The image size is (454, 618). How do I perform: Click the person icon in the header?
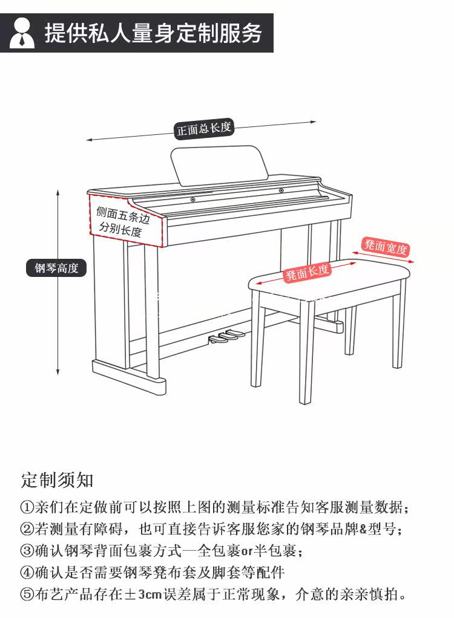coord(22,33)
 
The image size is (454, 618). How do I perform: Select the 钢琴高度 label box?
coord(56,268)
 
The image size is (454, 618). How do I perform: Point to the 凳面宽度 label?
coord(386,247)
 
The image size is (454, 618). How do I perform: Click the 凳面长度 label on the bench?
coord(308,273)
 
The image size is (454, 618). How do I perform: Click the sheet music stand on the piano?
coord(219,164)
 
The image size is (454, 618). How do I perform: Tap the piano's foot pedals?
coord(225,337)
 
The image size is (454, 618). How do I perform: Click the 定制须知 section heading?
coord(57,480)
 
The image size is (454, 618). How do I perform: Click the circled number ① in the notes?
coord(27,507)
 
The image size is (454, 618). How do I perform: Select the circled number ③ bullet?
coord(27,550)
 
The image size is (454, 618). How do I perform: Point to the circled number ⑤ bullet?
coord(27,594)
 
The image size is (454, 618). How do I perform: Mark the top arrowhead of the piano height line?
coord(58,193)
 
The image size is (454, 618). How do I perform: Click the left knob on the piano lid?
coord(193,200)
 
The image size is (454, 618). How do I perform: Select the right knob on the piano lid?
coord(281,192)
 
